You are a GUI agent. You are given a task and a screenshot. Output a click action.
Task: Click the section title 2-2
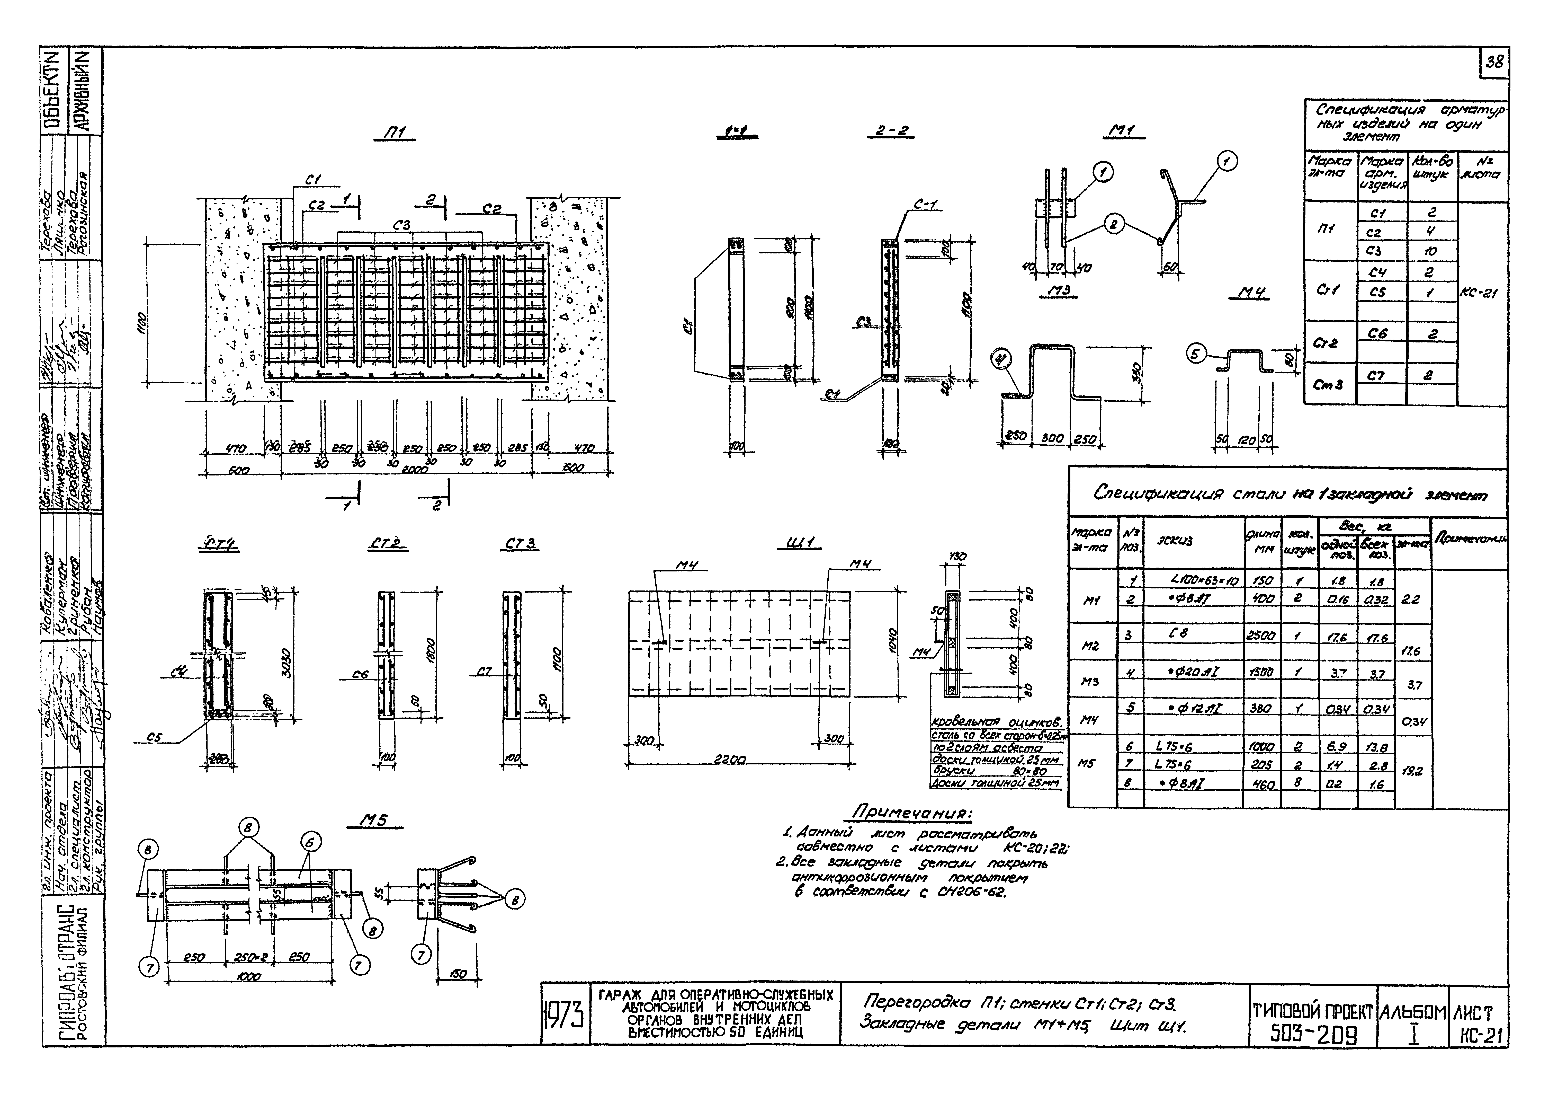(890, 131)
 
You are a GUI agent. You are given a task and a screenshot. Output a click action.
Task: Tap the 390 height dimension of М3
(1136, 372)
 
